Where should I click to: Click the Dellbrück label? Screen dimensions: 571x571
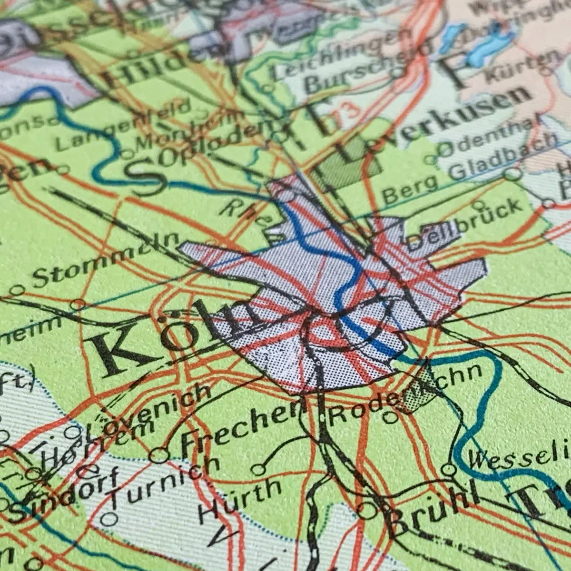(x=464, y=224)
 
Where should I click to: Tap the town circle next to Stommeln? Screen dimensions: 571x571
(x=18, y=290)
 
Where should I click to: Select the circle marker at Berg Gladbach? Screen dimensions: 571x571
(x=512, y=173)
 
